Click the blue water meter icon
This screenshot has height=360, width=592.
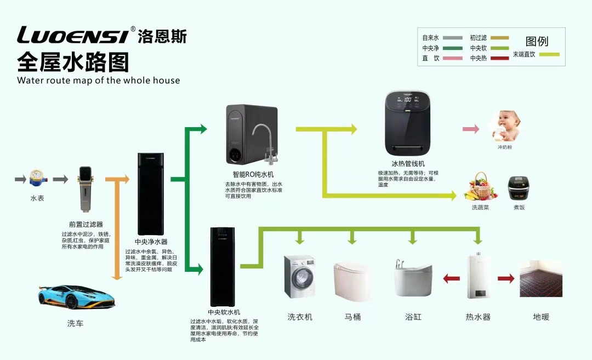point(37,179)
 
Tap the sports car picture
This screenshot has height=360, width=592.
point(77,297)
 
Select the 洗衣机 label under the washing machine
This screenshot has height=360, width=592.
point(300,317)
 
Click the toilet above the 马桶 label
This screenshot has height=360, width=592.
point(351,281)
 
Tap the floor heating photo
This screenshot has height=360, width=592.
point(541,278)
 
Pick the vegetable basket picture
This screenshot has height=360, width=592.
point(480,187)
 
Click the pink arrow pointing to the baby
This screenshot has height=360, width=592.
point(471,129)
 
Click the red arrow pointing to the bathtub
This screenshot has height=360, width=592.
point(451,279)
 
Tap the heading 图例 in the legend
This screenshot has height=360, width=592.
point(537,41)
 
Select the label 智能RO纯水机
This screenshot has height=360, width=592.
point(249,174)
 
